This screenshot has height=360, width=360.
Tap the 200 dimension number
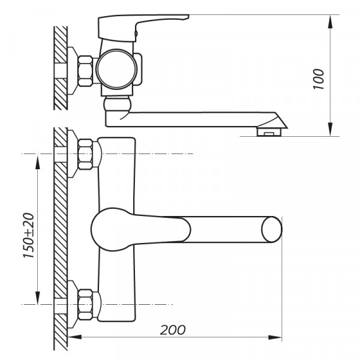(173, 330)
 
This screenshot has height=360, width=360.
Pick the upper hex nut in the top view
(86, 154)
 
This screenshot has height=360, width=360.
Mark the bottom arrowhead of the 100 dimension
(331, 131)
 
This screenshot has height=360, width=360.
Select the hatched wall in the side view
(60, 66)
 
